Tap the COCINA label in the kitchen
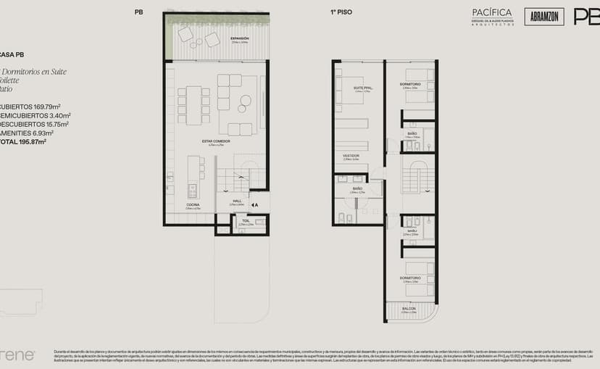click(x=193, y=205)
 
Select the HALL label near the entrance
click(x=237, y=201)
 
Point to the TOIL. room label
click(x=246, y=220)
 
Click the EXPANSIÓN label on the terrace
click(x=239, y=38)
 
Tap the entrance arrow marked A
click(x=254, y=205)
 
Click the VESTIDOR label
click(x=351, y=155)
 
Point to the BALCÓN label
click(x=410, y=309)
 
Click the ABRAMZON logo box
click(x=543, y=17)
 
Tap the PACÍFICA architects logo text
click(x=492, y=12)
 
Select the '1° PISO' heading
click(x=341, y=12)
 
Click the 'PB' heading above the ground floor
click(x=138, y=12)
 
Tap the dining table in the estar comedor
click(x=193, y=105)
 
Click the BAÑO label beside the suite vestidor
click(x=357, y=188)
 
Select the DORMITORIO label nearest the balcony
click(x=410, y=278)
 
